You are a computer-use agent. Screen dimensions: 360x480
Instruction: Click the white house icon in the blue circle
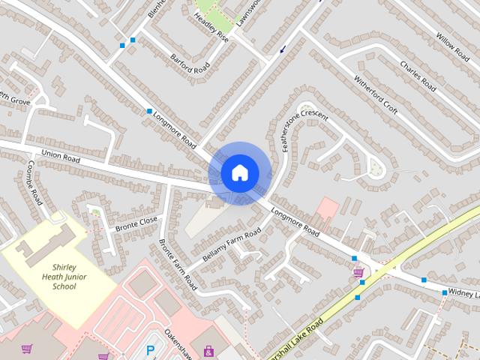coord(239,172)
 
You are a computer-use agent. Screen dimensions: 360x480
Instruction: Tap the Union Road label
coord(61,157)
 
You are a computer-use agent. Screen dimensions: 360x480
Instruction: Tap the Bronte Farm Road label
coord(177,265)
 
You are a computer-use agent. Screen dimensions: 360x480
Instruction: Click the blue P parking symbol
coord(151,349)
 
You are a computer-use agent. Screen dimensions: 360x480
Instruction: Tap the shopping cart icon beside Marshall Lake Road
coord(358,273)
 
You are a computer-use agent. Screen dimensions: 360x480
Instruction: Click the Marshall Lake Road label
coord(294,337)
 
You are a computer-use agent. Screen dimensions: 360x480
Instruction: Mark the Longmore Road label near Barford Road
coord(174,129)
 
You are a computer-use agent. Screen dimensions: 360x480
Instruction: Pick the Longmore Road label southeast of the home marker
coord(295,222)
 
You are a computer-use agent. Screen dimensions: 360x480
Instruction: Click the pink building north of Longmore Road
coord(327,208)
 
